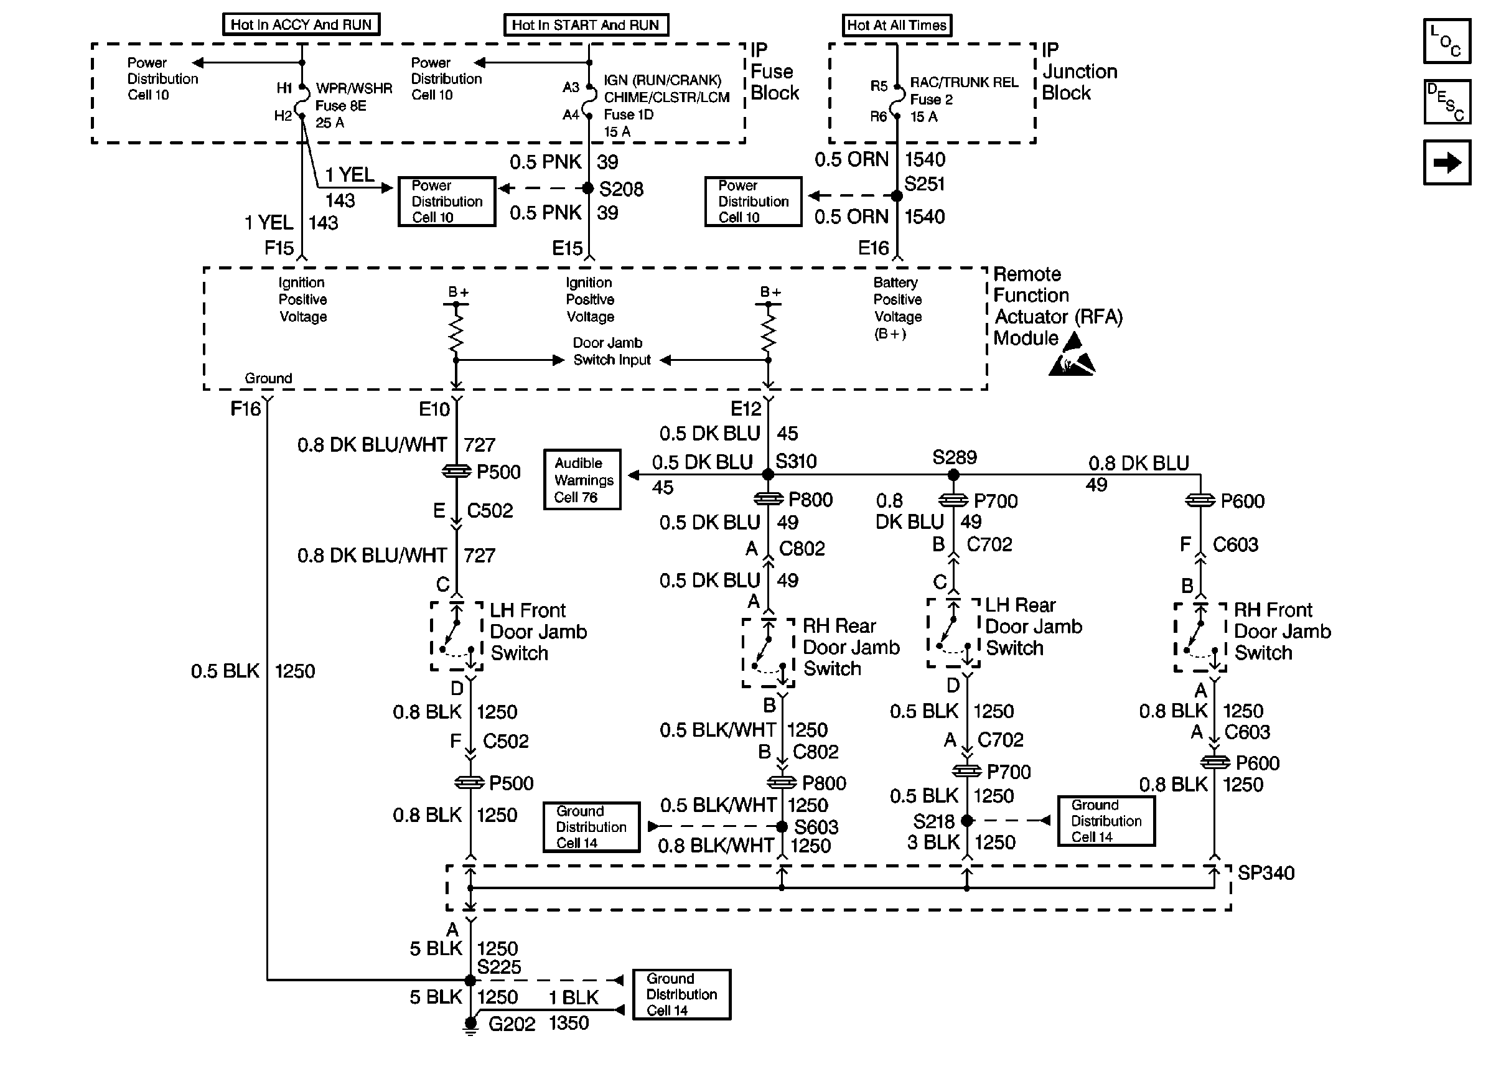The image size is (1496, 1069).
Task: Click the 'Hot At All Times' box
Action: (896, 26)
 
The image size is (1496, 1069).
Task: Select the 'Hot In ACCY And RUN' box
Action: (301, 25)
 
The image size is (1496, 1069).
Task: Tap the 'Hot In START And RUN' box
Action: (585, 25)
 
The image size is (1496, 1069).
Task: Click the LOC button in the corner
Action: (1447, 41)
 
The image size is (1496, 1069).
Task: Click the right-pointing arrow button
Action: (1447, 162)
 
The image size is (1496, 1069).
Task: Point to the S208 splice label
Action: (620, 190)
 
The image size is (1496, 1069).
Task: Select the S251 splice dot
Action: (896, 195)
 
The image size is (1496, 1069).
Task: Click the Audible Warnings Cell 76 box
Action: (582, 480)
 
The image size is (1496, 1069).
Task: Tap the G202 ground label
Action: (512, 1024)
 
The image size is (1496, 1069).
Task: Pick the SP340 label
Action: (1266, 873)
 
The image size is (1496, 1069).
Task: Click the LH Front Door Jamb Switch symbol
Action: (457, 637)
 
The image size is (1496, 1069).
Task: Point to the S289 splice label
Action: (955, 457)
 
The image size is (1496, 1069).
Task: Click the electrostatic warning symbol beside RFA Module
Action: (1072, 356)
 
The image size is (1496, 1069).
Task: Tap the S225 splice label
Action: (499, 967)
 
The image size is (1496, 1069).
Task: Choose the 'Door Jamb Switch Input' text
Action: (612, 352)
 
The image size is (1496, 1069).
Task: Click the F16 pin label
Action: (245, 409)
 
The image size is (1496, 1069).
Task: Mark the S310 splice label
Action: (796, 462)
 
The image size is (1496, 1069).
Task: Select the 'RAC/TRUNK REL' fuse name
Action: (963, 82)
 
